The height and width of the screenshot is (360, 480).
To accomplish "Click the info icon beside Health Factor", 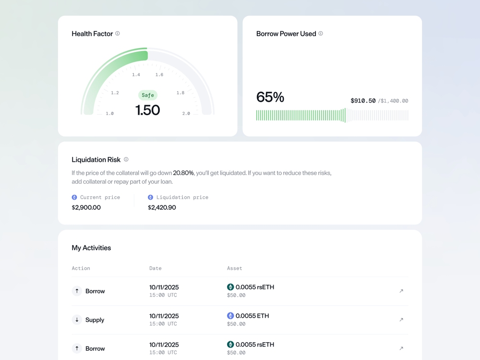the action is (117, 34).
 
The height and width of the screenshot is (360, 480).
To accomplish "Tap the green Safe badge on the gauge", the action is (148, 95).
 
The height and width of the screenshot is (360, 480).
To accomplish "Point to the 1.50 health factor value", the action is (147, 110).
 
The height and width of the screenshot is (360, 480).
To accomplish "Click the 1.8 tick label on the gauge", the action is (180, 93).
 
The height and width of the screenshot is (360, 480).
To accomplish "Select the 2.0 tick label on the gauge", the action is (186, 114).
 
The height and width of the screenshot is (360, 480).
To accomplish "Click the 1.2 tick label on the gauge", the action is (115, 93).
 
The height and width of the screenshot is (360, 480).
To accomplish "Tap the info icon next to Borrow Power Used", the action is (321, 34).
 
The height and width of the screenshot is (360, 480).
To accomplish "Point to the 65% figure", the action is (270, 97).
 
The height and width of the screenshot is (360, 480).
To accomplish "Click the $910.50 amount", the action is (363, 101).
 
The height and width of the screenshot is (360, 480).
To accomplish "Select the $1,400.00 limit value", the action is (394, 101).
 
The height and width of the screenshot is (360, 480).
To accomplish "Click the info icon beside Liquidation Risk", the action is (126, 159).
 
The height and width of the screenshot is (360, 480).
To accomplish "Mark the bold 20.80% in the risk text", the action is (183, 173).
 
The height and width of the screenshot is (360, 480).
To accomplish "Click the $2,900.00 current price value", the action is (86, 207).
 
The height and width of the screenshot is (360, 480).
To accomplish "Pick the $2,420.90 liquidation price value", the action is (162, 207).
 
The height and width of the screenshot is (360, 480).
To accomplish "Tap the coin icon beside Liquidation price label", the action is (150, 197).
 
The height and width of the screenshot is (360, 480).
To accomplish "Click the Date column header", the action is (155, 268).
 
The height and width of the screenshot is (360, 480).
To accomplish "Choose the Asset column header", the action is (235, 268).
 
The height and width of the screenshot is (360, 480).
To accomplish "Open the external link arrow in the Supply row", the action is (401, 320).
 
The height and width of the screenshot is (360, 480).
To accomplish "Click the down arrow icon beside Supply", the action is (77, 320).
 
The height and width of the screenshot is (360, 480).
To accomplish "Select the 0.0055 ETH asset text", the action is (252, 316).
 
